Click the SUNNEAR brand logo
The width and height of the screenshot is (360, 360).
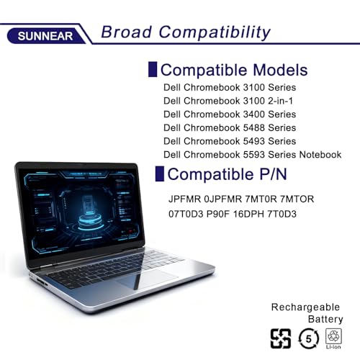pos(45,36)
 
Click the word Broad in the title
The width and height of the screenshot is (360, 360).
pos(127,32)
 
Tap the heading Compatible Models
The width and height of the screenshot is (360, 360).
pos(234,70)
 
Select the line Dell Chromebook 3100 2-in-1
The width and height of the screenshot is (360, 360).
pos(228,101)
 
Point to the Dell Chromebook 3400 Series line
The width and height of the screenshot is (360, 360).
pos(230,114)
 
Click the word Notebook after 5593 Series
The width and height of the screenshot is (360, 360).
pos(320,155)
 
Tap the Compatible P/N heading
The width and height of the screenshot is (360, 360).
pos(227,174)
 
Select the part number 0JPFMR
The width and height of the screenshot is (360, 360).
pos(223,199)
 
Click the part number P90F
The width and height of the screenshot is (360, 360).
pos(218,214)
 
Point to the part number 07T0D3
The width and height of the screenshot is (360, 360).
pos(186,214)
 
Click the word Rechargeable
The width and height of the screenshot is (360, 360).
pos(305,307)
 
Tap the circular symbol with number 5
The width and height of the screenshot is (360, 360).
pos(309,339)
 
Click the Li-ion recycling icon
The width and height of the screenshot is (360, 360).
pos(333,338)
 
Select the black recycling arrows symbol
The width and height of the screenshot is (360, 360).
pos(281,338)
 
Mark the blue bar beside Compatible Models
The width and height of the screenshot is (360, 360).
pos(153,69)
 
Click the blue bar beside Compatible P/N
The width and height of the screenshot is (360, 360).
pos(160,174)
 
